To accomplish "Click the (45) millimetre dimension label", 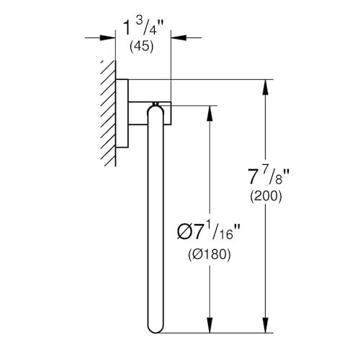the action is coord(141,46).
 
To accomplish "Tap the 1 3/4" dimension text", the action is coord(143,27).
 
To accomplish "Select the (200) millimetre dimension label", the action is coord(266,197).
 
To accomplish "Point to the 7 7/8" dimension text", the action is coord(269,176).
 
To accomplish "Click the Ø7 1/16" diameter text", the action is coord(208,232).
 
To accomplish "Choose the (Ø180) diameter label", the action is coord(210,254).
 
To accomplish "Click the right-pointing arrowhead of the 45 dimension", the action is coord(108,37).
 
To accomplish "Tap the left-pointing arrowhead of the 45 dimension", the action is coord(179,37).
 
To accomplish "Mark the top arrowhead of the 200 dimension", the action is coord(265,87).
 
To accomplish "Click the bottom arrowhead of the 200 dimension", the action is coord(265,325).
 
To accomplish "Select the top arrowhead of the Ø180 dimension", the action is coord(210,113).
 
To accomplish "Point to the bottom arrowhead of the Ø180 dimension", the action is coord(210,325).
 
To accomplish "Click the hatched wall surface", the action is coord(108,113).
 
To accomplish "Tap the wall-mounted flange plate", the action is coord(122,113).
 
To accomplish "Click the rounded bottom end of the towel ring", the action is coord(156,328).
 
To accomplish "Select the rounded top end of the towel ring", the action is coord(156,110).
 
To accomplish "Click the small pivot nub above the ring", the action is coord(156,104).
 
